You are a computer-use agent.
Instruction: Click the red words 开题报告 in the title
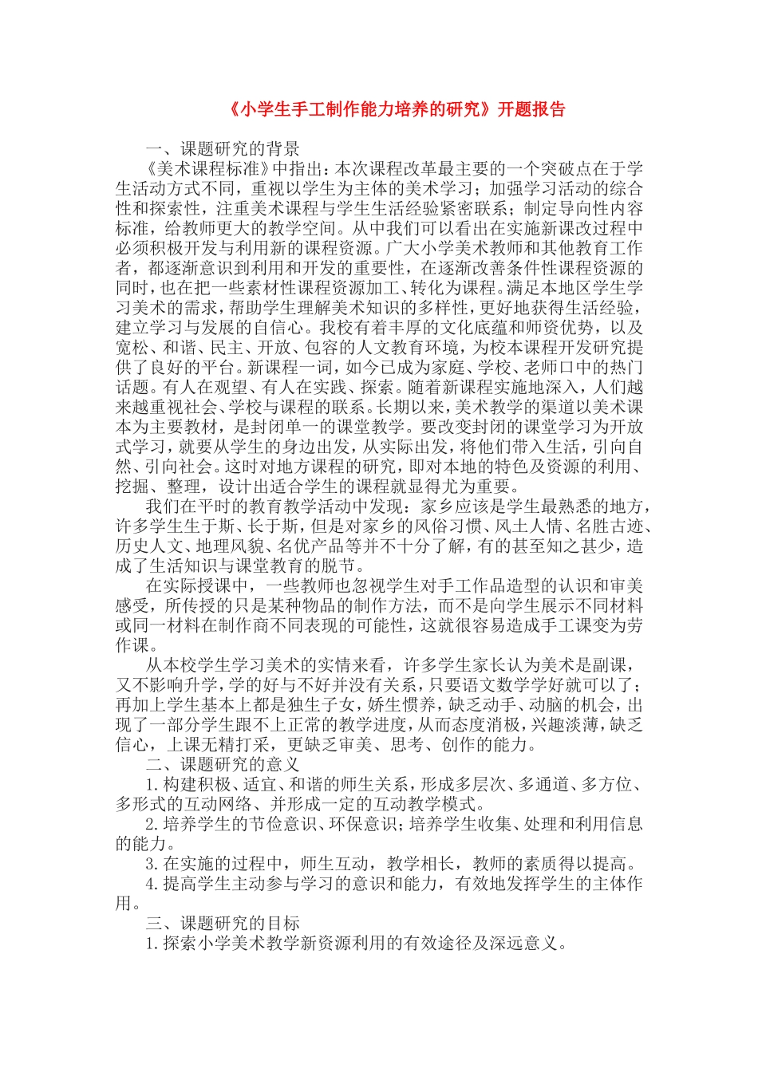point(531,109)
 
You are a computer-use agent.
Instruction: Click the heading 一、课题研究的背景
point(223,148)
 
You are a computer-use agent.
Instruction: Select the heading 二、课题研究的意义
point(223,764)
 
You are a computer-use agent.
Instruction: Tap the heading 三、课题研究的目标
point(223,923)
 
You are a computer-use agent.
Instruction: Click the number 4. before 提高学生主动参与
point(153,884)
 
